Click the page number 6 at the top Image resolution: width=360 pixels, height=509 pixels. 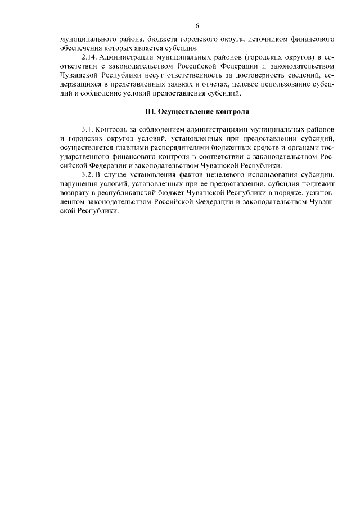[197, 26]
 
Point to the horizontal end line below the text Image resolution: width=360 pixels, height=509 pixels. [197, 242]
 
